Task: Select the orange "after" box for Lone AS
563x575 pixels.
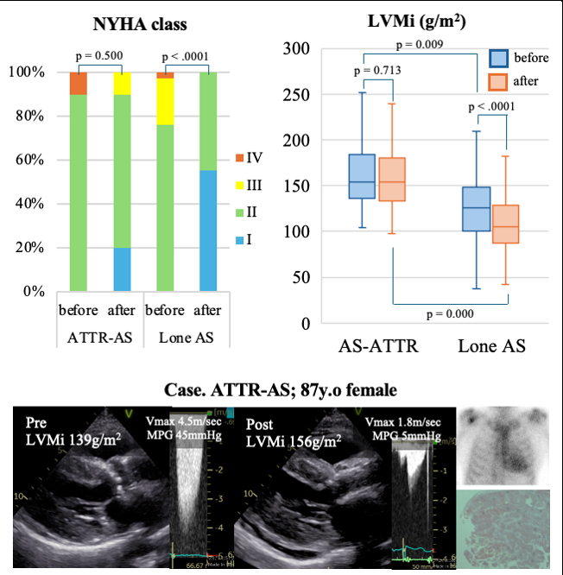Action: (x=505, y=224)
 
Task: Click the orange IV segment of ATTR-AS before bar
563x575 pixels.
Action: (x=79, y=83)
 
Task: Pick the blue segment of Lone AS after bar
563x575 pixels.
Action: (x=207, y=231)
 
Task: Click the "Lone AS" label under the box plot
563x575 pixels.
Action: (x=490, y=346)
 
